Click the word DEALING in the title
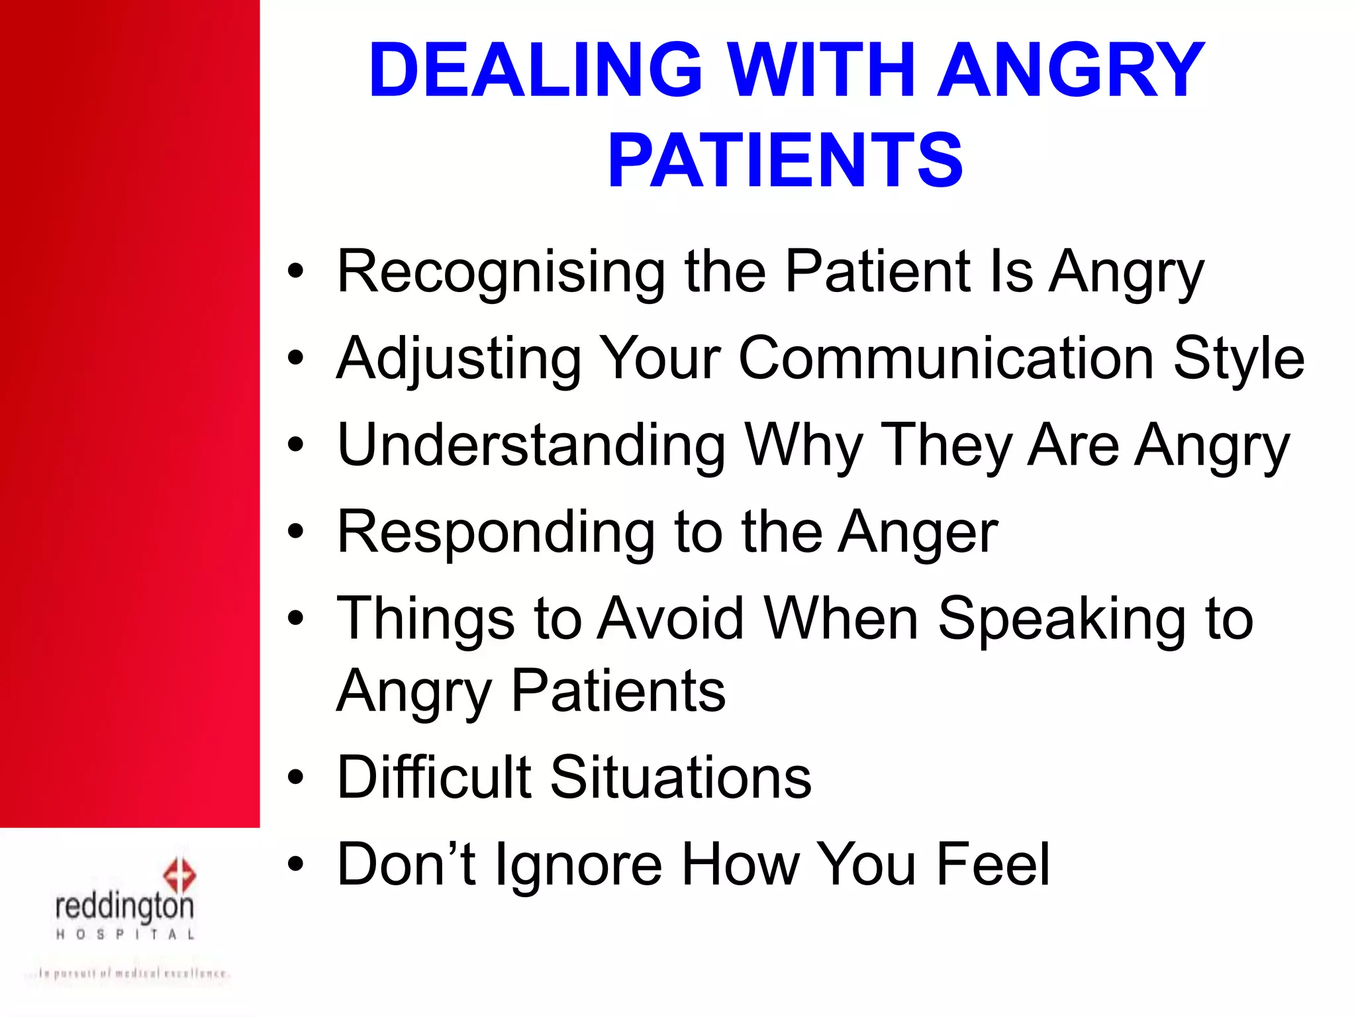click(x=535, y=70)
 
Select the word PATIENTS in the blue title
click(x=785, y=160)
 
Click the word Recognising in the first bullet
click(x=501, y=272)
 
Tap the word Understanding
click(x=532, y=445)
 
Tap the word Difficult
click(x=434, y=777)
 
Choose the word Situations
click(x=681, y=777)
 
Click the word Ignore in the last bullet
click(x=579, y=864)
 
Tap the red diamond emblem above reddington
click(x=179, y=875)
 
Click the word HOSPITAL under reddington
click(x=125, y=935)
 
